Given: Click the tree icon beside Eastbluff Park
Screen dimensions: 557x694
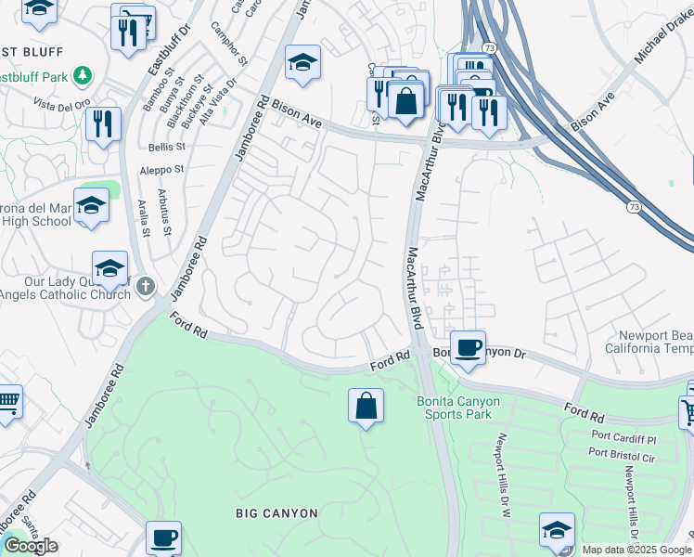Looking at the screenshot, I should point(83,75).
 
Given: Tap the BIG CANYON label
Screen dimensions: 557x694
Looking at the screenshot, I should point(276,513).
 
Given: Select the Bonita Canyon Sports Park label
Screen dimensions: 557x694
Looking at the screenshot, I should point(458,408).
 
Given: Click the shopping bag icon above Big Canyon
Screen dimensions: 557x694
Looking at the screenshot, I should point(366,406).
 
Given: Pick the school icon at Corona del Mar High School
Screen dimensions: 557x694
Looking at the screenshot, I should point(91,207).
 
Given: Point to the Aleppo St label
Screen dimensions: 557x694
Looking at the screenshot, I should point(161,170).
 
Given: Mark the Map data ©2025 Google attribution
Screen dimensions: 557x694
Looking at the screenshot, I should point(636,550).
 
